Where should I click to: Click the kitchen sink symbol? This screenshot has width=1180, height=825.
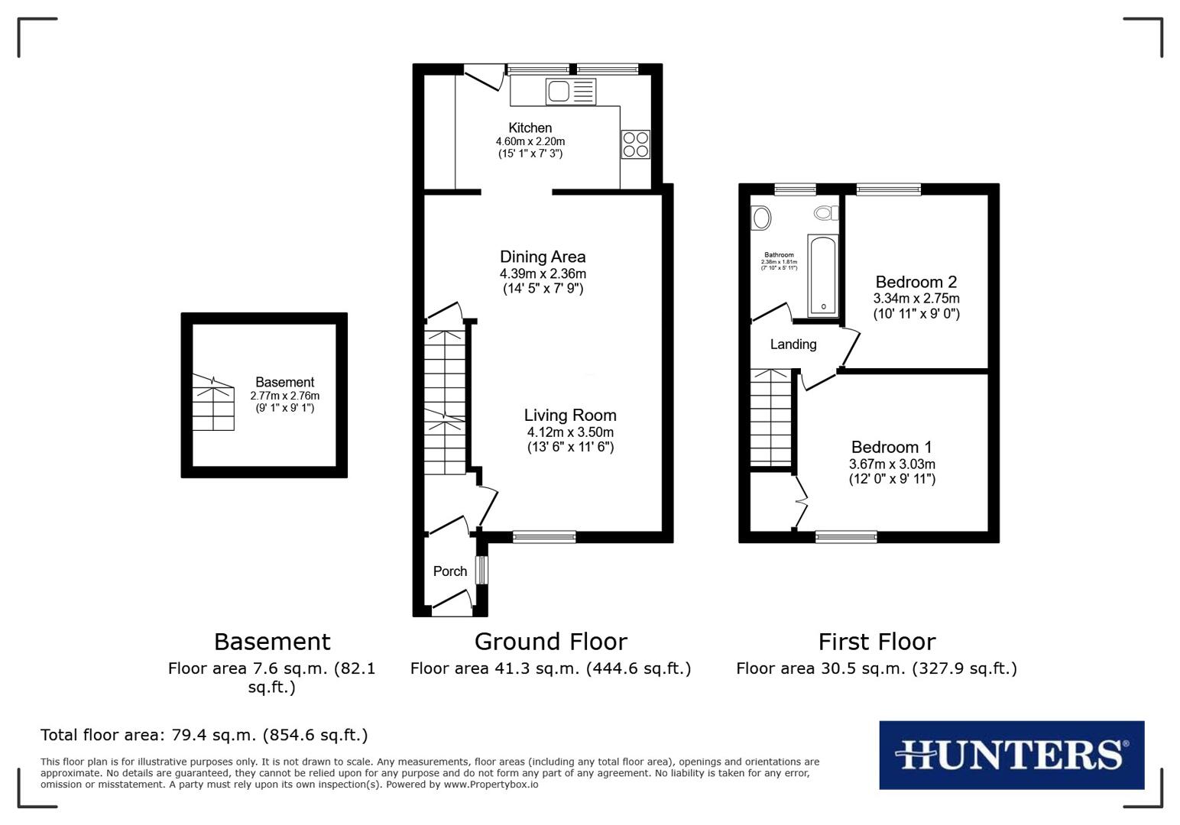tap(570, 92)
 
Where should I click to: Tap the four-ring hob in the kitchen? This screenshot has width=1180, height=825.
tap(635, 144)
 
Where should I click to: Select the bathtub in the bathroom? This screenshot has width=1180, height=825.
tap(823, 276)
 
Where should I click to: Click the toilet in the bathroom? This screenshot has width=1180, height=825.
tap(825, 212)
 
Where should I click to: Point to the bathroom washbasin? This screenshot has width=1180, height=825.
tap(761, 218)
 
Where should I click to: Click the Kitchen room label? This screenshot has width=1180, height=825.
tap(530, 128)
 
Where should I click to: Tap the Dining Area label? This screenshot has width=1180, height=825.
tap(543, 257)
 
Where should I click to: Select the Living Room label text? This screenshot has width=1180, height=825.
tap(570, 416)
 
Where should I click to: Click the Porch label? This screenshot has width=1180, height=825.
tap(450, 571)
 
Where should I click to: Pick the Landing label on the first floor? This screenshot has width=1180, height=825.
tap(793, 345)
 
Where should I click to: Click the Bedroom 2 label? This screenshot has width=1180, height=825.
tap(916, 282)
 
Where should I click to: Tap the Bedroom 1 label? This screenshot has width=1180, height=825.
tap(891, 448)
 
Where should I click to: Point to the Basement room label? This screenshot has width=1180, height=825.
tap(284, 383)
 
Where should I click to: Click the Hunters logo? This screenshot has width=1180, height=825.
tap(1011, 755)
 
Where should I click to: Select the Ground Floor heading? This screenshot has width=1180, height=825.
tap(550, 642)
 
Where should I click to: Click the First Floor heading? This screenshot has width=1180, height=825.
tap(877, 642)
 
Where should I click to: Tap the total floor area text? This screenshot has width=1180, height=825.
tap(204, 736)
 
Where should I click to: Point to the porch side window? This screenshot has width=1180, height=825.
tap(481, 570)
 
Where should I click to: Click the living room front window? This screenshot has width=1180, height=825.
tap(544, 537)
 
